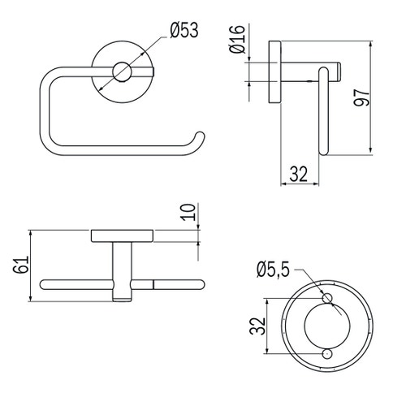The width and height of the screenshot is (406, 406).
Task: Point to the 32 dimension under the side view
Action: pos(298,173)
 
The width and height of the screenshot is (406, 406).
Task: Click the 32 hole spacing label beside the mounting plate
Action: pos(257,327)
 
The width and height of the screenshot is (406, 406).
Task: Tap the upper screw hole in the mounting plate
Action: pos(328,300)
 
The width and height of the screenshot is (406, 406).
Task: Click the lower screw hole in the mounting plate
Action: pos(328,355)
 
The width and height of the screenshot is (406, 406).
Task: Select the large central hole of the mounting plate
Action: pos(328,327)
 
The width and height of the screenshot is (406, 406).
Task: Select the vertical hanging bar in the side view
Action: pos(325,114)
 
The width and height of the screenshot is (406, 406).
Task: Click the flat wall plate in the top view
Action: pos(122,235)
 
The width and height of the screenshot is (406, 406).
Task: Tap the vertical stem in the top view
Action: pos(122,264)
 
